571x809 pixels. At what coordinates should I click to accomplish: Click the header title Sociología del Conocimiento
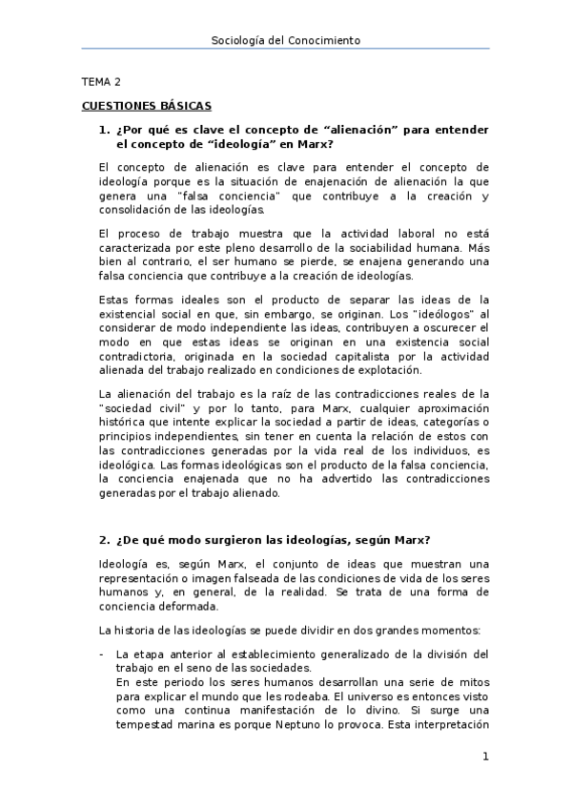(285, 40)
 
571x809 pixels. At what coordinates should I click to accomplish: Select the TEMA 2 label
(100, 83)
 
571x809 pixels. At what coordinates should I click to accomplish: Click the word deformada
(189, 606)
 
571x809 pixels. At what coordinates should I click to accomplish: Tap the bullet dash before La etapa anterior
(101, 653)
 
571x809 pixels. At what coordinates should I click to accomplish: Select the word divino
(360, 710)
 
